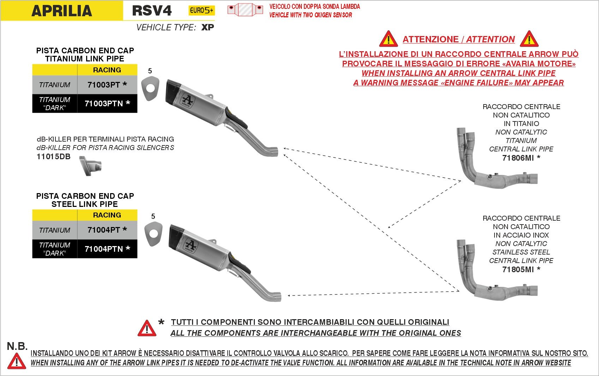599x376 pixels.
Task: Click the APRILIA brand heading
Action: point(62,11)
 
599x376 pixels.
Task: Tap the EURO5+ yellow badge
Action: point(201,11)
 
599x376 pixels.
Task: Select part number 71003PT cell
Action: point(107,85)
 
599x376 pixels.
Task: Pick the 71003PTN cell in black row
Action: point(107,103)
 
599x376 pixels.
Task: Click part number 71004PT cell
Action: point(107,230)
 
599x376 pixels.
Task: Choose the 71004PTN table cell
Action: point(107,249)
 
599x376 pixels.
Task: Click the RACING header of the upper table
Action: point(107,70)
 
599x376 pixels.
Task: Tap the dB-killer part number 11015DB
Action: point(54,157)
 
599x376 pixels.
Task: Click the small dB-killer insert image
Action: point(91,166)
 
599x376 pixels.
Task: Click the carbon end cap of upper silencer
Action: point(173,90)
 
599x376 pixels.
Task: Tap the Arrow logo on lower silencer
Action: point(191,245)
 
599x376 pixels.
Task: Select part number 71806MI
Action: point(518,158)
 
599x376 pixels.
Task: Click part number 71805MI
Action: point(518,270)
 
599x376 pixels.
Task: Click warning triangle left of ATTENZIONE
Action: point(388,40)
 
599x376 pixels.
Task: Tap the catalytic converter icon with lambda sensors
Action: point(245,10)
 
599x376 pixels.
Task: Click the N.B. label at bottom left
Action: point(17,346)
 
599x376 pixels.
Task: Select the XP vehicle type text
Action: point(208,28)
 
